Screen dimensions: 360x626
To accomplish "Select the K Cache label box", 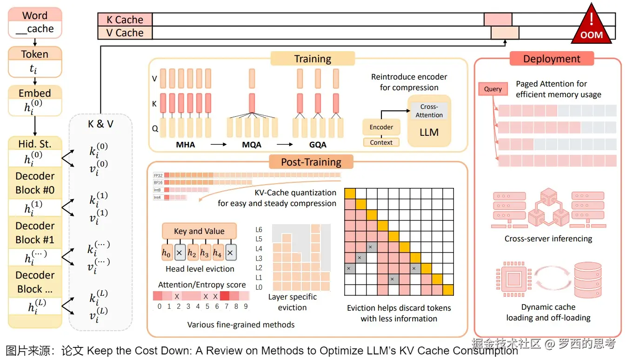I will (x=125, y=20).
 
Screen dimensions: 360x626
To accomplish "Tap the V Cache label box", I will (x=125, y=33).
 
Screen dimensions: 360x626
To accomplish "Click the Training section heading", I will (x=313, y=59).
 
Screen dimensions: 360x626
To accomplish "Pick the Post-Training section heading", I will (x=311, y=162).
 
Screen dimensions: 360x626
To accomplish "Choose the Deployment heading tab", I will (x=552, y=59).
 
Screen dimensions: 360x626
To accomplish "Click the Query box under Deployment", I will (x=493, y=89).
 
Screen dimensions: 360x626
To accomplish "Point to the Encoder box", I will (x=381, y=127).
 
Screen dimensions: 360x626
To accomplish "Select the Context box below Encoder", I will (x=381, y=142).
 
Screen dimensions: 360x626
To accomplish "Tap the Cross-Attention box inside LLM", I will (x=429, y=111).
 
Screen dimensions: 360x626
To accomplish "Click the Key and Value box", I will (x=199, y=231).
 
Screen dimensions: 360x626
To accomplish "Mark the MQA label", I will (x=252, y=145).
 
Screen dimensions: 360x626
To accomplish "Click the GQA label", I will (x=318, y=145).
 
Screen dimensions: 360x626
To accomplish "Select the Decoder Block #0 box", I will (x=35, y=183).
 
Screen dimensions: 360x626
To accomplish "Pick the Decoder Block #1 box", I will (x=35, y=233).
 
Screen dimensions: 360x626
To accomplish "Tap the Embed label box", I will (x=35, y=93).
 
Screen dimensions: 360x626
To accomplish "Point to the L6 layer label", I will (x=259, y=230).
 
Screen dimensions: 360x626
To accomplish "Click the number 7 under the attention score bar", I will (x=226, y=307).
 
